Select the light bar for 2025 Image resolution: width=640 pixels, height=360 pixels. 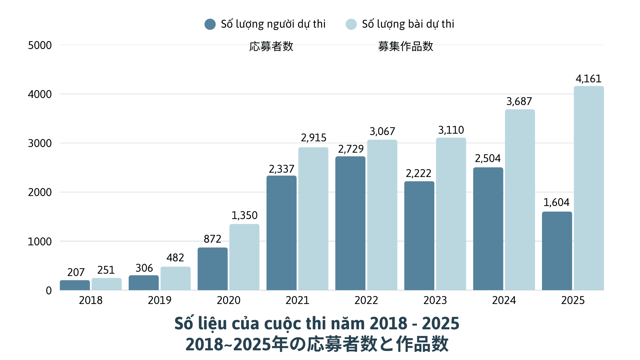tap(589, 188)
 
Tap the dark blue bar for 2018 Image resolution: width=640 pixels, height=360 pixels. tap(75, 285)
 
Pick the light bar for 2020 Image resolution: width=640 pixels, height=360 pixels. tap(244, 257)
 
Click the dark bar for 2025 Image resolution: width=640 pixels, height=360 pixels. tap(557, 251)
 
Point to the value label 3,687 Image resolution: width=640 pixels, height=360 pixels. tap(519, 101)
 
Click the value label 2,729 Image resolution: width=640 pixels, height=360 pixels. tap(351, 149)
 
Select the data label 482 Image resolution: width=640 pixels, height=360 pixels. tap(175, 258)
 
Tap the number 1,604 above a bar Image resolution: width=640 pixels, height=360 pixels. tap(556, 202)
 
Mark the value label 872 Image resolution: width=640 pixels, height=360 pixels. tap(212, 239)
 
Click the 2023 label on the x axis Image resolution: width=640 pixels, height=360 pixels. tap(435, 300)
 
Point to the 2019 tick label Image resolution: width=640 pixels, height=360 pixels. tap(159, 300)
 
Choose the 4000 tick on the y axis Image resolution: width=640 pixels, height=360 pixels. tap(40, 94)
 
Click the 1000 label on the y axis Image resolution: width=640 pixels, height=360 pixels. tap(40, 242)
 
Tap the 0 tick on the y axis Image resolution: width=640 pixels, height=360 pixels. tap(49, 291)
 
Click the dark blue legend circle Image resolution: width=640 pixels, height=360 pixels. tap(210, 24)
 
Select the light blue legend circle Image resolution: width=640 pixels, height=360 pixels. tap(351, 24)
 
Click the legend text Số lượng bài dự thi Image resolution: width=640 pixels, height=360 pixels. tap(408, 24)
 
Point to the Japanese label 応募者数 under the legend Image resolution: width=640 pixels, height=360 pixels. tap(271, 46)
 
